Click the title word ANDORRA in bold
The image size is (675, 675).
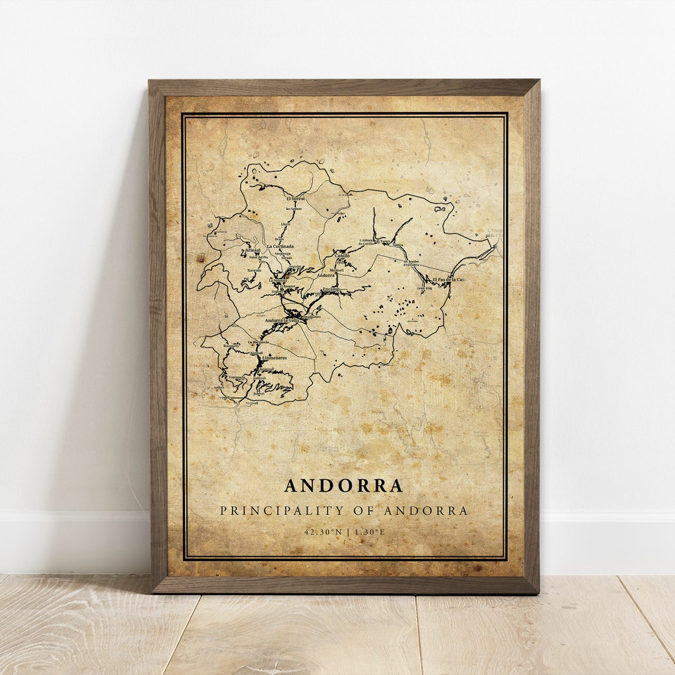pos(344,486)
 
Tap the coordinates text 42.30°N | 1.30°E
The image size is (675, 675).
pos(344,532)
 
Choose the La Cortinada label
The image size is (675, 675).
pos(280,246)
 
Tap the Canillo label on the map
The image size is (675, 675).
pos(342,256)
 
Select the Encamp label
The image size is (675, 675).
pos(331,289)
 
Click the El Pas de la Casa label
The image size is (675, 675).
pos(449,279)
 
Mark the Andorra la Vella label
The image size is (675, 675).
pos(281,320)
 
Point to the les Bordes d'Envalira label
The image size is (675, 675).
pos(411,262)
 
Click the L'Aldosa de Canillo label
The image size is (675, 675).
pos(366,242)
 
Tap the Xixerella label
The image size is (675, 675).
pos(254,270)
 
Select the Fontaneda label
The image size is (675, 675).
pos(237,377)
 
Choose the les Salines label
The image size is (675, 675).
pos(294,208)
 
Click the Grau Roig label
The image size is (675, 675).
pos(425,288)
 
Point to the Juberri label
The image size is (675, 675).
pos(259,393)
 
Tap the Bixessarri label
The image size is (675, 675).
pos(231,346)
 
